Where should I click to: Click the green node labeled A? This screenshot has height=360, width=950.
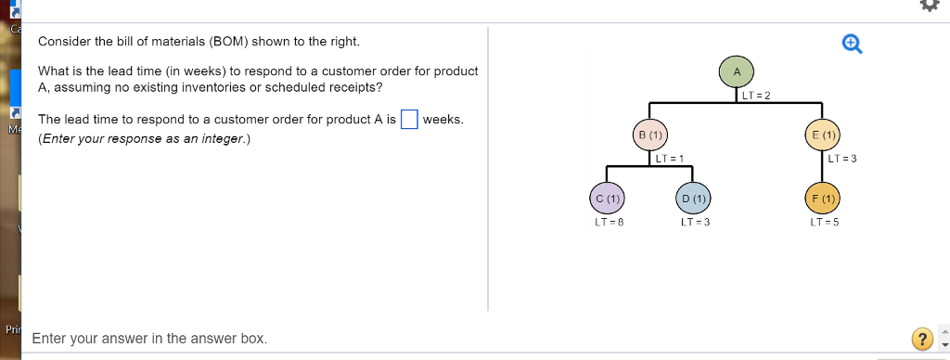pyautogui.click(x=737, y=71)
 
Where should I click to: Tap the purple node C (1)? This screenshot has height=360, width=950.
pyautogui.click(x=608, y=198)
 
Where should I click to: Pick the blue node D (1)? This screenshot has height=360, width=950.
pyautogui.click(x=693, y=198)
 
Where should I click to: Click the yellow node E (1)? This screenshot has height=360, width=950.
pyautogui.click(x=824, y=135)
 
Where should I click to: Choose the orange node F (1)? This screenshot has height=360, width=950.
pyautogui.click(x=824, y=198)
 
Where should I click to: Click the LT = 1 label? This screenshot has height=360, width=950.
pyautogui.click(x=670, y=158)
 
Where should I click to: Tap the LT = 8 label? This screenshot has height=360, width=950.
pyautogui.click(x=608, y=223)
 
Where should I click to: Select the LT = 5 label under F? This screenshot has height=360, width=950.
pyautogui.click(x=824, y=223)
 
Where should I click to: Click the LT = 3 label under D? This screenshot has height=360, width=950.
pyautogui.click(x=695, y=223)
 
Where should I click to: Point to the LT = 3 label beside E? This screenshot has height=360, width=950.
pyautogui.click(x=841, y=158)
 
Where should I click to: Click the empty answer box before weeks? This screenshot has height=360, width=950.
pyautogui.click(x=409, y=121)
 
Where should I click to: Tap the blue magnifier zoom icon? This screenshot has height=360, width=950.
pyautogui.click(x=851, y=43)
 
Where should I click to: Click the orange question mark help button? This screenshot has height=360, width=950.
pyautogui.click(x=920, y=339)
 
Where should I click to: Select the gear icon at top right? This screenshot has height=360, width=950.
pyautogui.click(x=929, y=5)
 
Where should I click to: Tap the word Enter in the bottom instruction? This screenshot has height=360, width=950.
pyautogui.click(x=50, y=339)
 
